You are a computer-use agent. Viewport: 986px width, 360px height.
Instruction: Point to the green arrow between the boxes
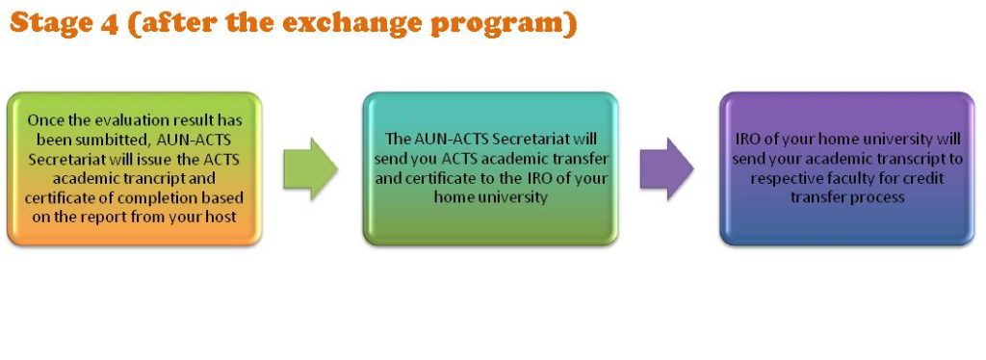[310, 169]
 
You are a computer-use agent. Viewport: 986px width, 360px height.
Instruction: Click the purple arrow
[666, 169]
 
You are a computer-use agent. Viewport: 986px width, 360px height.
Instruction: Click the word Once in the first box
[42, 119]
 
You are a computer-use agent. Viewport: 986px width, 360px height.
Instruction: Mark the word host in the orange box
[223, 218]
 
